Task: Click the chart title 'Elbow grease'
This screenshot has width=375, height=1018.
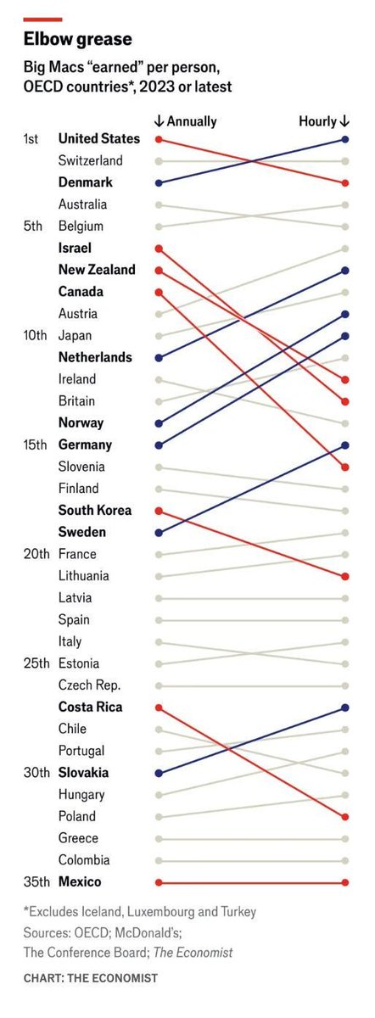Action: [77, 39]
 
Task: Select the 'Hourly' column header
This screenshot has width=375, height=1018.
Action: [323, 121]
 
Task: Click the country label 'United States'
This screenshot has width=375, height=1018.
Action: [98, 138]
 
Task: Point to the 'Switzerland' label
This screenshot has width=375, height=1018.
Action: [91, 160]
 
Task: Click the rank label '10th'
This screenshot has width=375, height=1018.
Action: [35, 335]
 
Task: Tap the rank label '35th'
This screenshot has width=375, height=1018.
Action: [35, 881]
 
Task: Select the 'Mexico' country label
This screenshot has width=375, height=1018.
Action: [80, 881]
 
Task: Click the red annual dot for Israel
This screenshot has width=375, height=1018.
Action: [159, 248]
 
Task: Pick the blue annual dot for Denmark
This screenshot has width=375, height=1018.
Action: [159, 182]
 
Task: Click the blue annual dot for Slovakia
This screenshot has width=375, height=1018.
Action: [159, 773]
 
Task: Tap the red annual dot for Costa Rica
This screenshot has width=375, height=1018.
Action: [159, 707]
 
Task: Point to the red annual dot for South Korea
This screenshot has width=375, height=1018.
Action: [159, 510]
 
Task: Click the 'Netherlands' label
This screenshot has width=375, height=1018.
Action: [95, 357]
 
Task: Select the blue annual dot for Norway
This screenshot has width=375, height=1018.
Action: [159, 422]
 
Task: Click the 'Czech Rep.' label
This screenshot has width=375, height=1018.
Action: [89, 685]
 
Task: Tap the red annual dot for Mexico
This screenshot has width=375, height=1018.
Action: [159, 881]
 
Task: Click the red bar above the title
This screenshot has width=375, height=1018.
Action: [42, 19]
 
